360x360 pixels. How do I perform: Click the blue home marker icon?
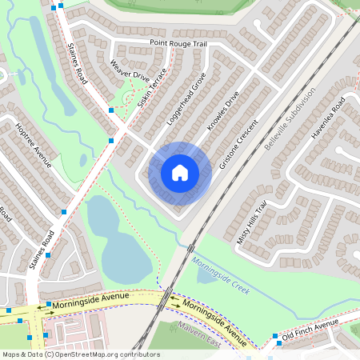[180, 172]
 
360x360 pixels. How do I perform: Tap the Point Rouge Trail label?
[178, 42]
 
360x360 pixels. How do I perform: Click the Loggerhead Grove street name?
[186, 98]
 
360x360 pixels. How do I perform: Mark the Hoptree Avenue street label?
[34, 145]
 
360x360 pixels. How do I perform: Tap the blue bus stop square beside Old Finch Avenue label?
[276, 336]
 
